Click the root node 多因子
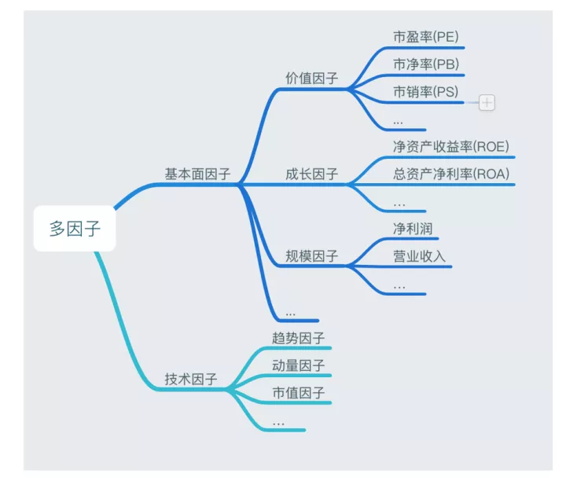[75, 229]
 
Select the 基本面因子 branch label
[197, 174]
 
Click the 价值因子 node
[312, 79]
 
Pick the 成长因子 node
[312, 174]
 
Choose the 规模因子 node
[312, 256]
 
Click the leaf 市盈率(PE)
[425, 37]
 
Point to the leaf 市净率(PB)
[425, 64]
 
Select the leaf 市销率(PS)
[425, 92]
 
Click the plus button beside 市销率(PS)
[487, 102]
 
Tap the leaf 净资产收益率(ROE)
[451, 146]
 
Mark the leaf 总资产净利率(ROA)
[451, 174]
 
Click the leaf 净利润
[413, 228]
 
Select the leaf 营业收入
[419, 256]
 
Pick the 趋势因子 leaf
[298, 338]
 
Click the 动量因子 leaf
[298, 365]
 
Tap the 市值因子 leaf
[298, 392]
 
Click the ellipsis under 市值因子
[278, 423]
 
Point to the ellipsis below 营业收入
[399, 286]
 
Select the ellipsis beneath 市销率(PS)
[398, 121]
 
